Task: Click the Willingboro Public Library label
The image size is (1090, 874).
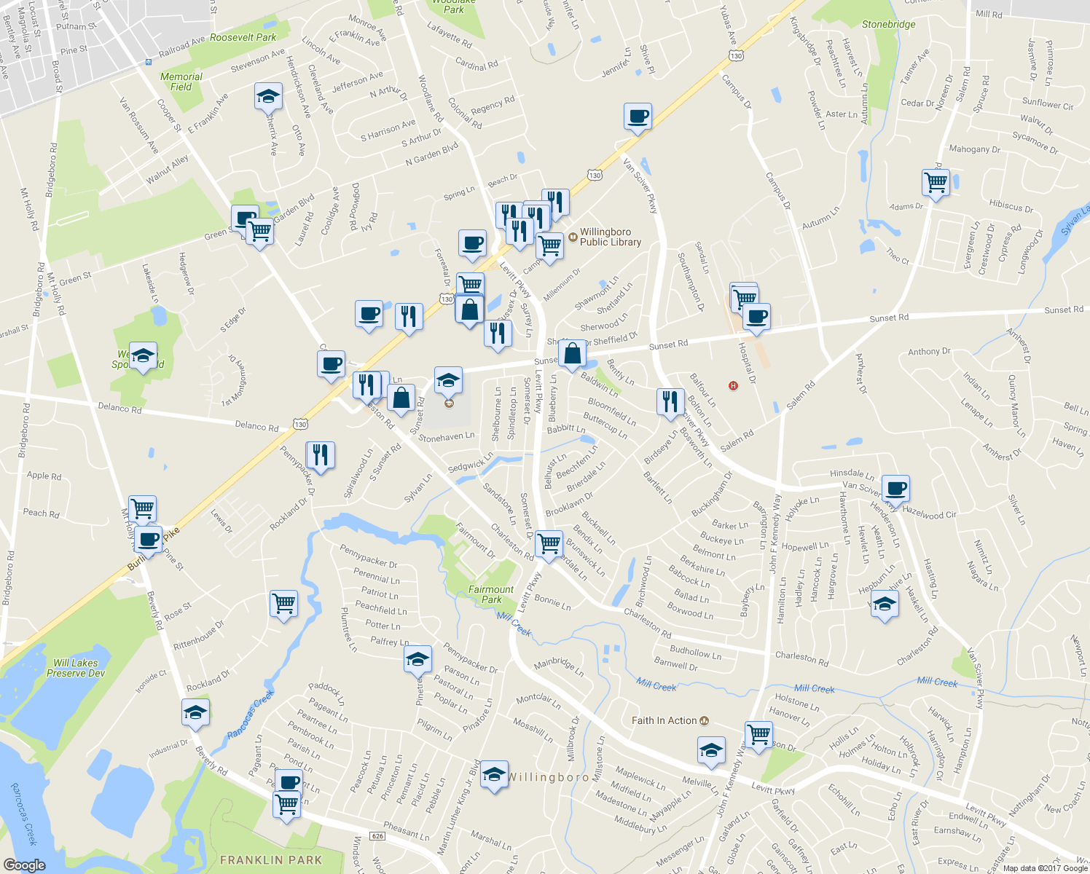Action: (x=610, y=237)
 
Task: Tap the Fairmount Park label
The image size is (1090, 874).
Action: (x=491, y=594)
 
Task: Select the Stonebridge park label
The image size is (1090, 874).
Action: (x=888, y=24)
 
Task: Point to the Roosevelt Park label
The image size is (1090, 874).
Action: (x=243, y=37)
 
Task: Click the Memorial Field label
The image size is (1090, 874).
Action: (x=181, y=82)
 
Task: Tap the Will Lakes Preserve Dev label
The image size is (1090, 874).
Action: (x=76, y=668)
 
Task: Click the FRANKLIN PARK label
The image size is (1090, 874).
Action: (x=271, y=860)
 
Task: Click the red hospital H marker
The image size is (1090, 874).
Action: (x=733, y=385)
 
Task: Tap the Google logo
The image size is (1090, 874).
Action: (x=24, y=865)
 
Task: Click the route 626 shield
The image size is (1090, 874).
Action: (x=377, y=835)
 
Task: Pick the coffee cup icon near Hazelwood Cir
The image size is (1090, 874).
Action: (x=895, y=488)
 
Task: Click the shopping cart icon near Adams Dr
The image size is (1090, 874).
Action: (x=936, y=182)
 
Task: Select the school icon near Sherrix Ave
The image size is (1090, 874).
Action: (x=267, y=97)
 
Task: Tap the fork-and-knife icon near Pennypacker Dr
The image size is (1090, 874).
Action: (x=321, y=455)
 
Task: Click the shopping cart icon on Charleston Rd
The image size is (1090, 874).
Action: (x=549, y=543)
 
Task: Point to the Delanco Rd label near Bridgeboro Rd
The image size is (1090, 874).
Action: (x=120, y=408)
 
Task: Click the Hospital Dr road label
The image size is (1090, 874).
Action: (x=747, y=363)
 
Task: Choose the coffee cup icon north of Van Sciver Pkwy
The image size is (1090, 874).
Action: (x=638, y=117)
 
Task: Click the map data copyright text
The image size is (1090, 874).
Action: (x=1045, y=868)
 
